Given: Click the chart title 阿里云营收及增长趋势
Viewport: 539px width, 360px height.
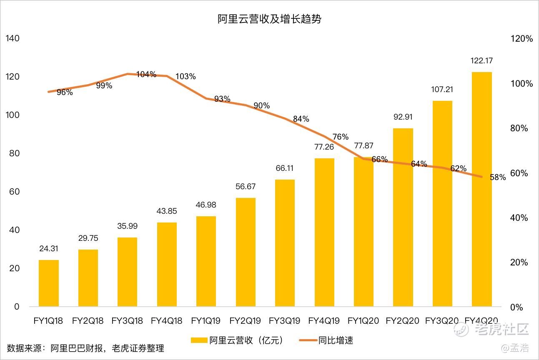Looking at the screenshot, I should tap(269, 19).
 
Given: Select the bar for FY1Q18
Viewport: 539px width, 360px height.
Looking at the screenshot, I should tap(49, 283).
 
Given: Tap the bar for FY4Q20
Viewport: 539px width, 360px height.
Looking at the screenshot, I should tap(481, 190).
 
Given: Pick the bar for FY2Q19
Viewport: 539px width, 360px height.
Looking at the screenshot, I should tap(246, 252).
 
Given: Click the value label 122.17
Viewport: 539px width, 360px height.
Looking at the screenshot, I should tap(481, 61).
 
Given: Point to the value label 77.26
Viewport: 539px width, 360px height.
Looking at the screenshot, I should tap(324, 147).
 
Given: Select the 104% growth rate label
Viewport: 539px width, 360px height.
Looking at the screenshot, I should tap(146, 75).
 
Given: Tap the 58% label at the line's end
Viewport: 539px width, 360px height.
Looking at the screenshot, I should tap(498, 177).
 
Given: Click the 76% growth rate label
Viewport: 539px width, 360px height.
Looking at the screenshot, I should tap(341, 137).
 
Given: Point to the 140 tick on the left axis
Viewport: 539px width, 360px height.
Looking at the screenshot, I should tap(13, 38).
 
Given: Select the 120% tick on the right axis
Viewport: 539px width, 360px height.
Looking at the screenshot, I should tap(521, 39).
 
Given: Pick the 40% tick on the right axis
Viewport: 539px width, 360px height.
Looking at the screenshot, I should tap(519, 218).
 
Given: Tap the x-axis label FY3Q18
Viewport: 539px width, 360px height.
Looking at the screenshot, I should tap(127, 321).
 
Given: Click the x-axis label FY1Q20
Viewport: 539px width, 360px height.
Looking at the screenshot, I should tap(363, 321).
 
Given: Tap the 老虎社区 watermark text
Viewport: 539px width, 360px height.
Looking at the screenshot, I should tap(501, 330).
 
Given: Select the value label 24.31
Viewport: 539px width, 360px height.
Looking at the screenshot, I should tap(49, 249).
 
